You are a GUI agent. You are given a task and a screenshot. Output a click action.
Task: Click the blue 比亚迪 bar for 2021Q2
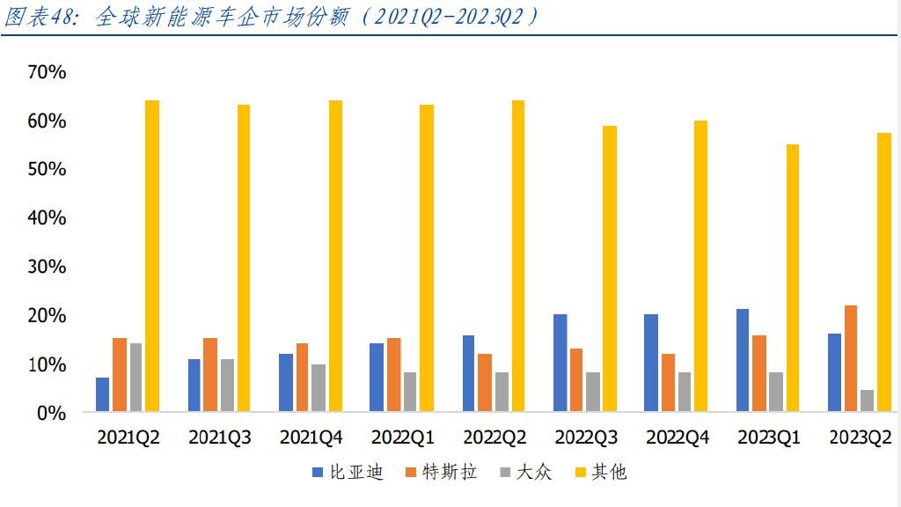pos(103,394)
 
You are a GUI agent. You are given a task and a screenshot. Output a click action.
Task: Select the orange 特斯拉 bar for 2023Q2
pos(851,358)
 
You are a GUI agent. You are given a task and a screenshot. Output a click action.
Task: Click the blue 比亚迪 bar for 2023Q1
pos(742,360)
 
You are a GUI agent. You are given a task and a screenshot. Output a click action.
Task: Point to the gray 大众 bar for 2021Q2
pos(136,377)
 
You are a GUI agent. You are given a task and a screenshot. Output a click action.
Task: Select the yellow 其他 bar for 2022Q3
pos(610,268)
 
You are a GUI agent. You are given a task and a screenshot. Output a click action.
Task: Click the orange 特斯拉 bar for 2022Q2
pos(485,382)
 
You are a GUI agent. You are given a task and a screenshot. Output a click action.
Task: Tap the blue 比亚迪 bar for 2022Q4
pos(651,363)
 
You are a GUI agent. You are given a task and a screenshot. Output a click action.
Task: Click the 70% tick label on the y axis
pos(46,72)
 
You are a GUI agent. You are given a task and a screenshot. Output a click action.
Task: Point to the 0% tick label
pos(51,412)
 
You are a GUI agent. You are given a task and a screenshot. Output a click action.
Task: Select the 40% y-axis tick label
pos(46,217)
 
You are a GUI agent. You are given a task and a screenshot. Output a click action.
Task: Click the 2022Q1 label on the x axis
pos(402,437)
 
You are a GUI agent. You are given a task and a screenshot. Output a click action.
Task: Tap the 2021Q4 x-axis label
pos(311,437)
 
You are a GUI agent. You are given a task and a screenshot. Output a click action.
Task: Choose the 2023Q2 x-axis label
pos(860,437)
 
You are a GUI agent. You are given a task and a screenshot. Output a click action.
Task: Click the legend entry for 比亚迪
pos(349,473)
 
